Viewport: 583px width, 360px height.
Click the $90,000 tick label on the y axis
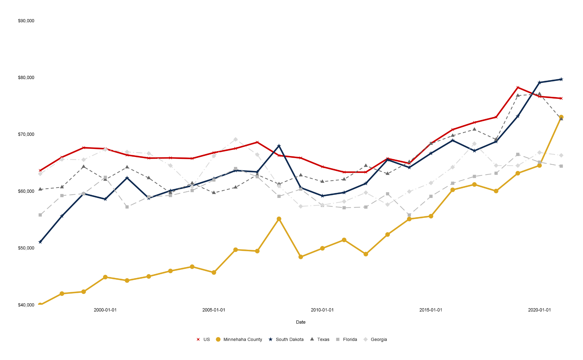click(x=26, y=21)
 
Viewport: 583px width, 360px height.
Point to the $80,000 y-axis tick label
click(x=26, y=77)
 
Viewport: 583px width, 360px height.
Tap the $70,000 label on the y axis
click(x=26, y=134)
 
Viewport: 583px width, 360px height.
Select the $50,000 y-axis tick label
click(x=26, y=248)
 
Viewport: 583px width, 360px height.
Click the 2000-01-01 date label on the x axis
click(x=105, y=310)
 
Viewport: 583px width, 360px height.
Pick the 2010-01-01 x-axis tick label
click(x=322, y=310)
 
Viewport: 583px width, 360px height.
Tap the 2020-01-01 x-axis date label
click(x=539, y=310)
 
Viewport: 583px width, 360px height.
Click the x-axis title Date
click(x=301, y=322)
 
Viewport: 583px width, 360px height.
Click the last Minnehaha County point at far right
click(x=561, y=117)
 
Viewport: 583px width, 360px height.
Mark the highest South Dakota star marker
click(x=561, y=79)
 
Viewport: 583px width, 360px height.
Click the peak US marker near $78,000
click(x=518, y=87)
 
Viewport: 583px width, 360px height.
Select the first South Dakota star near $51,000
click(x=40, y=242)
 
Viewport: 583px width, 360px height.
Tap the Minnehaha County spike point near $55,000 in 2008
click(x=279, y=219)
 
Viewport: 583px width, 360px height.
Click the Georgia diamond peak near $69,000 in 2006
click(x=235, y=139)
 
